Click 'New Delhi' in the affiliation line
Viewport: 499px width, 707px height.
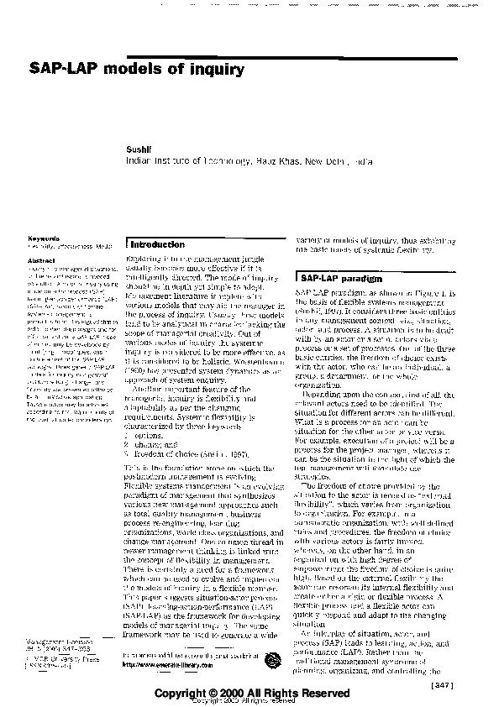click(x=328, y=160)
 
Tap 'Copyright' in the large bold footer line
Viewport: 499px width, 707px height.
click(x=191, y=694)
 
